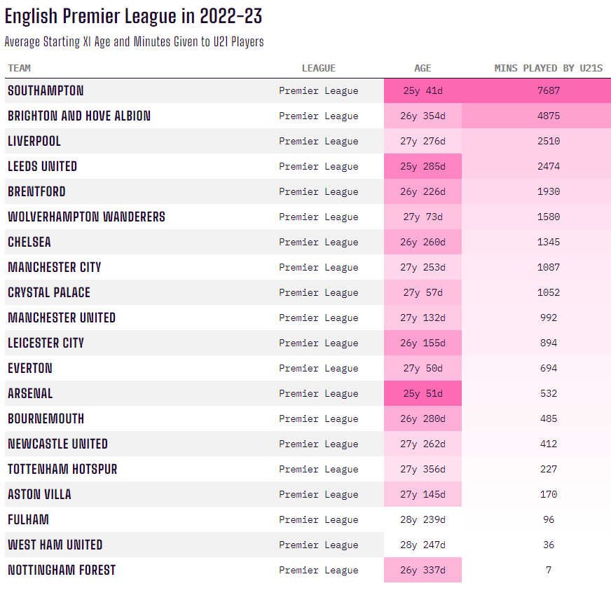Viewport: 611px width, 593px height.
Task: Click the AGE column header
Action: [423, 68]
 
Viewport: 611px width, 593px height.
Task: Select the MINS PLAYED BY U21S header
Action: [549, 68]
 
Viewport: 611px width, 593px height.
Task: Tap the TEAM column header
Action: [19, 68]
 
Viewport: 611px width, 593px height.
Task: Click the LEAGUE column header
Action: [319, 68]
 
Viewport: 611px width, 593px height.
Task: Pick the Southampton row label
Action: [46, 90]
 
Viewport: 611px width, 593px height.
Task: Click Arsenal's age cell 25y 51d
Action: [423, 393]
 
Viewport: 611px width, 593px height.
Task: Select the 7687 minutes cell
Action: [549, 90]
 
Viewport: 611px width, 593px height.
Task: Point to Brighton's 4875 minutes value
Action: [549, 116]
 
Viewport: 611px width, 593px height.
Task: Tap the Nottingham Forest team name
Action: [62, 570]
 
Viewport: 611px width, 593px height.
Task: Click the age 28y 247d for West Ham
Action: [423, 545]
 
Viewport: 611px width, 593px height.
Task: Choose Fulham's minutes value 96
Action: [549, 519]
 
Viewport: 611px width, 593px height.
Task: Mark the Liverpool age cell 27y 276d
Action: [423, 141]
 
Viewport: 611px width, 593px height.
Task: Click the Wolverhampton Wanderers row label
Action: [86, 217]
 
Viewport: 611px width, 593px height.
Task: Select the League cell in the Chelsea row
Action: [319, 242]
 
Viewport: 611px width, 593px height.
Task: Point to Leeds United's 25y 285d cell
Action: [423, 166]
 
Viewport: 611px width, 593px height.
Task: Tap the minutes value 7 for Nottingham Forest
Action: [549, 570]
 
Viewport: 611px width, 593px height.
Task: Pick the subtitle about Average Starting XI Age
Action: [134, 41]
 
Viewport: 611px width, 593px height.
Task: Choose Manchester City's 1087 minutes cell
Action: [549, 267]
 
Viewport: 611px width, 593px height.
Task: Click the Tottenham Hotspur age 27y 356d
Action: [423, 469]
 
